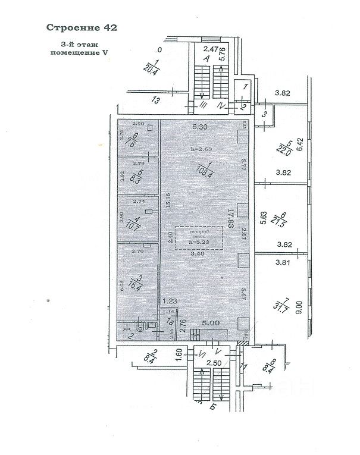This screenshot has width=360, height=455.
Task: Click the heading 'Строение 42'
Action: [x=82, y=27]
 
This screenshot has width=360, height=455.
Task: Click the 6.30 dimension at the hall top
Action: [x=199, y=127]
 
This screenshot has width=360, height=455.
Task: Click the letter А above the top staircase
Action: [x=206, y=59]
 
